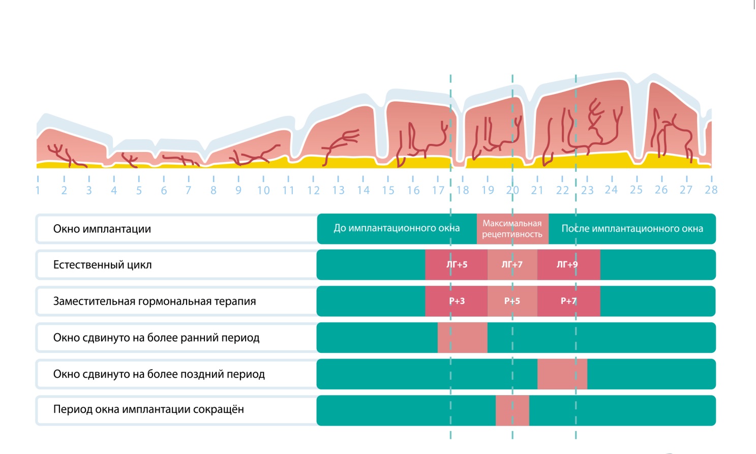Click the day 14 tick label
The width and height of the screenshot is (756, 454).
363,190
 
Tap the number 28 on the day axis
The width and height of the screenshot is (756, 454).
711,190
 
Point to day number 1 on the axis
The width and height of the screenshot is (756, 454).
38,190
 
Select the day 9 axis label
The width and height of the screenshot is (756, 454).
238,190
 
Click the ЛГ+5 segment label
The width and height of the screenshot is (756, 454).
457,264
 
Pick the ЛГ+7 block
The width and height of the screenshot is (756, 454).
512,264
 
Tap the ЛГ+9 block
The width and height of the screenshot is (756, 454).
567,264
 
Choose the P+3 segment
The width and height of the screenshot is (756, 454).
457,301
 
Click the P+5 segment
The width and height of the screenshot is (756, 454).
512,301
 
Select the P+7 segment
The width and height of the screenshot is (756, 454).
568,301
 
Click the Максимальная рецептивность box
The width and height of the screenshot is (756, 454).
512,229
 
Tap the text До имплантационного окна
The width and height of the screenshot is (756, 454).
397,228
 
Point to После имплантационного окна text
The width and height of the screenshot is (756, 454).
632,229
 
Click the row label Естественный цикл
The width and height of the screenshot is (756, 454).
102,265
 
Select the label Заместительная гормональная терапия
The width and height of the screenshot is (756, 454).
155,301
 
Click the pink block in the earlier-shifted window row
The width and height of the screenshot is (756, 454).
462,338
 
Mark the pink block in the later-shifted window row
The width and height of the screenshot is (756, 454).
562,374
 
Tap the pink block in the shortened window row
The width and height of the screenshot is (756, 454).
512,410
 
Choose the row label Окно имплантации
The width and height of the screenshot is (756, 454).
102,229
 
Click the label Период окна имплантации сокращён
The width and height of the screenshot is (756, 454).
148,409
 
